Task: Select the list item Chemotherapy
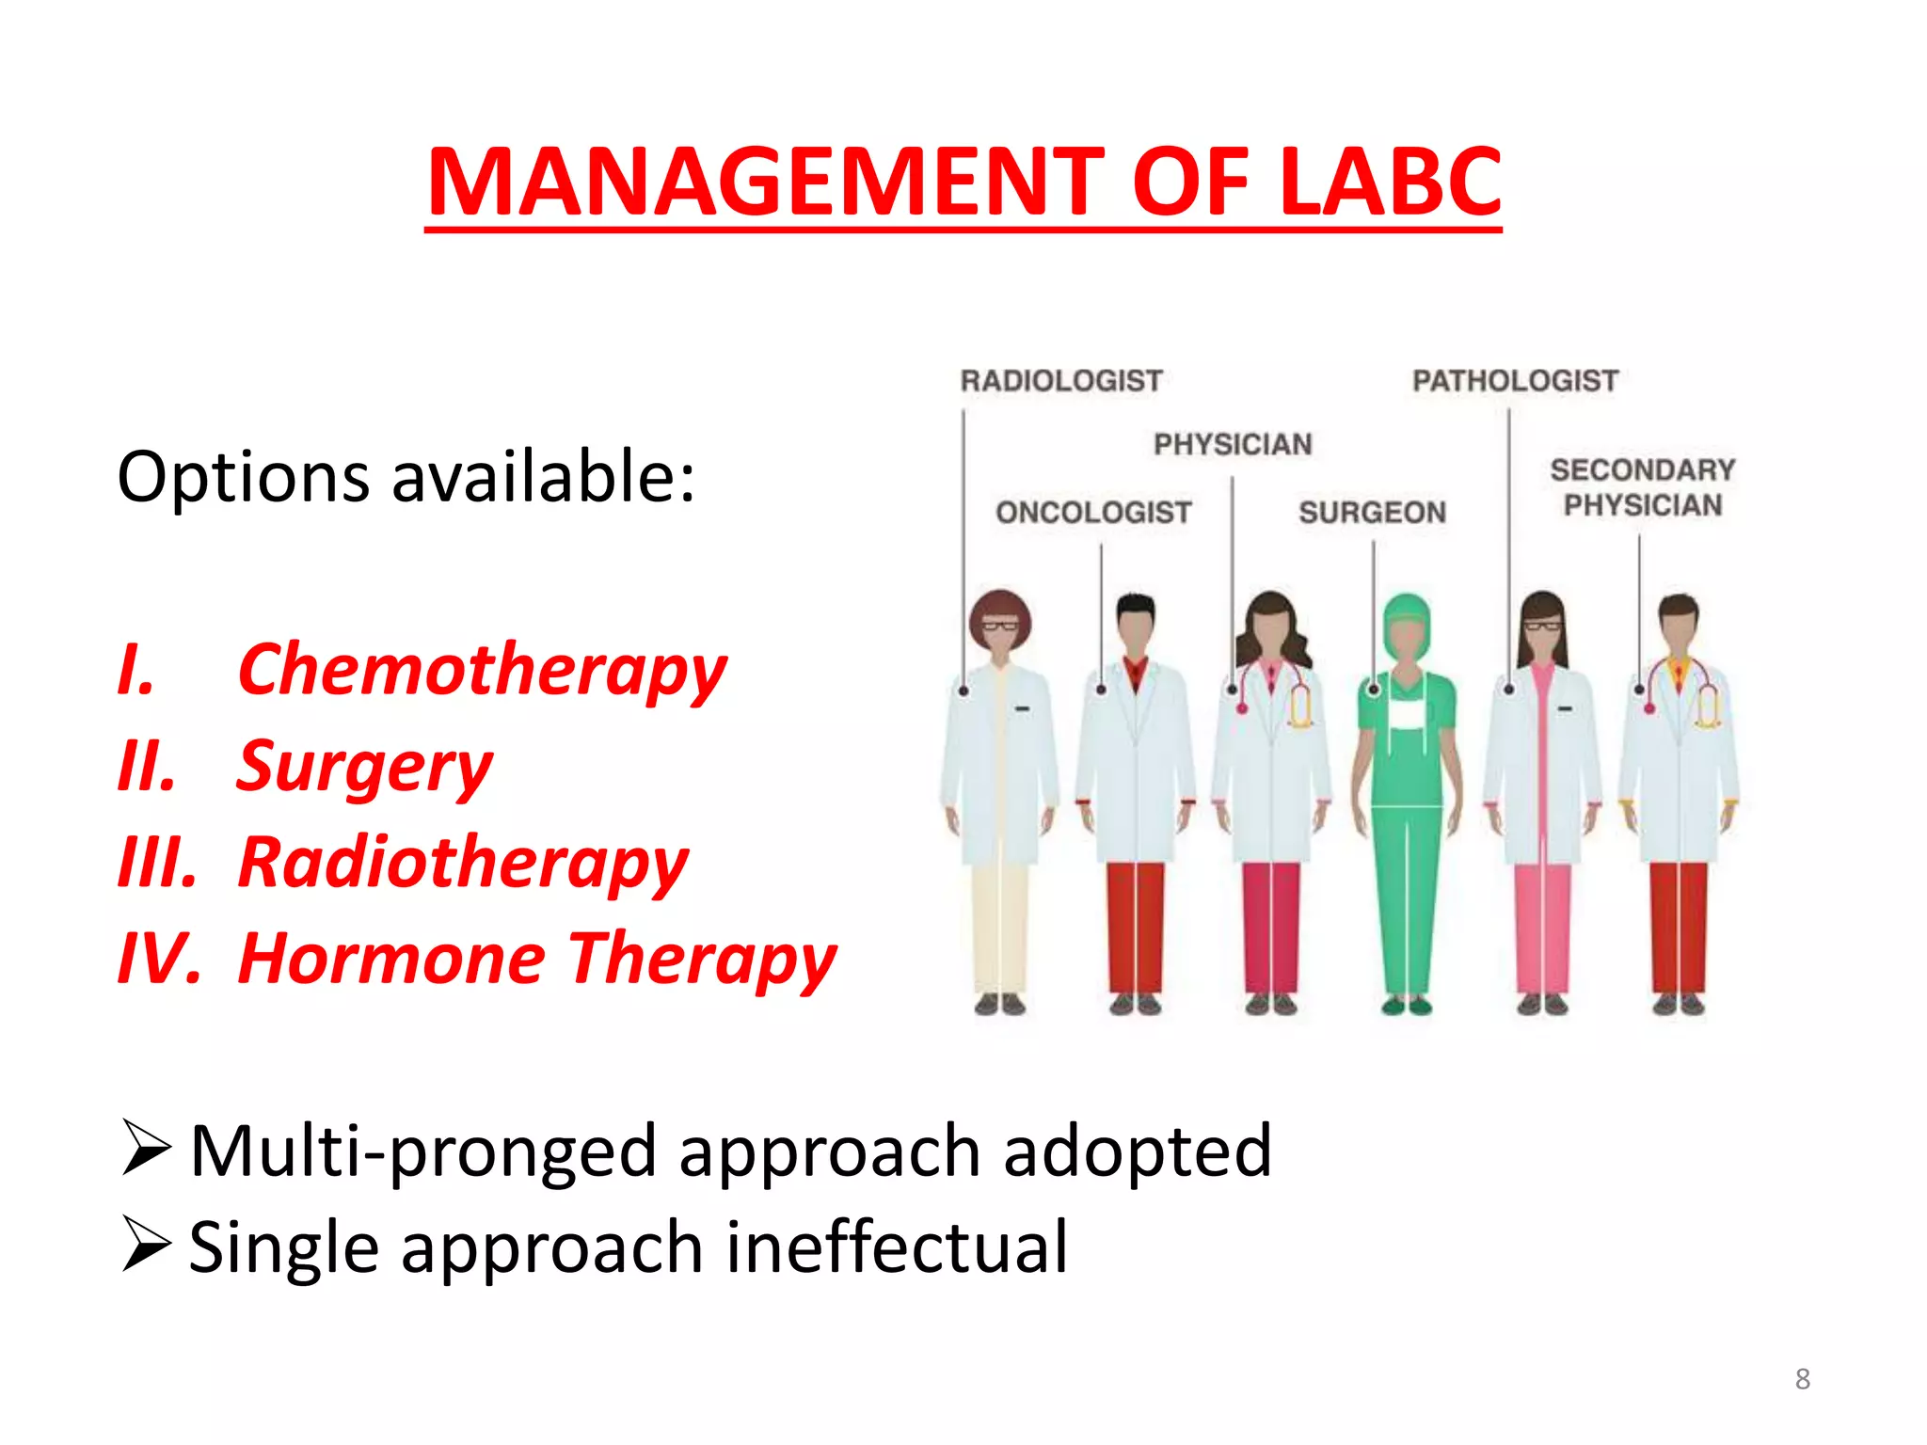click(482, 671)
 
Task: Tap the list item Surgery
click(364, 768)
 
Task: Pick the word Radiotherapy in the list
click(463, 864)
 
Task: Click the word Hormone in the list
click(391, 960)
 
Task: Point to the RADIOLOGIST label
click(1061, 381)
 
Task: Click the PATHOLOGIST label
click(1515, 381)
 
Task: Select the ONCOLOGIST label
click(1093, 513)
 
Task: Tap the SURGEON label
click(1372, 513)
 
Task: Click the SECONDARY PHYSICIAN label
click(1642, 487)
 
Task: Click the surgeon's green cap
click(1407, 611)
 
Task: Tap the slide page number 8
click(1802, 1379)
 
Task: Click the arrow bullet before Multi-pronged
click(146, 1149)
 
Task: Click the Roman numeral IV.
click(158, 960)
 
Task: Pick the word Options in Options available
click(243, 478)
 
